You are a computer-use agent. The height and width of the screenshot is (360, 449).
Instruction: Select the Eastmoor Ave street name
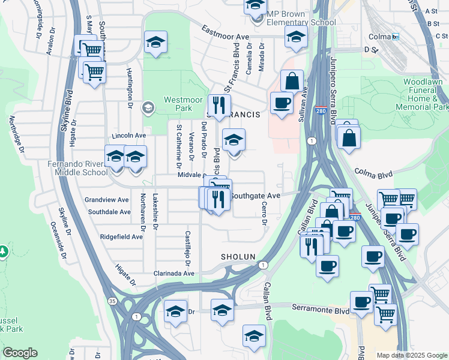[225, 33]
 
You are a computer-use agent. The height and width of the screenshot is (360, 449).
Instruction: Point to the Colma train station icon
[396, 37]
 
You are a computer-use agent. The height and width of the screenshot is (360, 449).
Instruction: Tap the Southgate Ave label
[256, 196]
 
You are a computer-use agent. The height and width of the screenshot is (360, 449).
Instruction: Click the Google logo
[20, 353]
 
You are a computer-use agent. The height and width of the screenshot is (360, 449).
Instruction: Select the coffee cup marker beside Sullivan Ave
[282, 103]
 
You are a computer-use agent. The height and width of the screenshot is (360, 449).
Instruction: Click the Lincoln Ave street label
[128, 136]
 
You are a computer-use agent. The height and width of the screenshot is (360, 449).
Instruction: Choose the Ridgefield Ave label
[121, 236]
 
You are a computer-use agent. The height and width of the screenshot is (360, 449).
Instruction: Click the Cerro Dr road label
[264, 214]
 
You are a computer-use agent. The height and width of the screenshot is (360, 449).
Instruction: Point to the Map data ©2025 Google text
[411, 355]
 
